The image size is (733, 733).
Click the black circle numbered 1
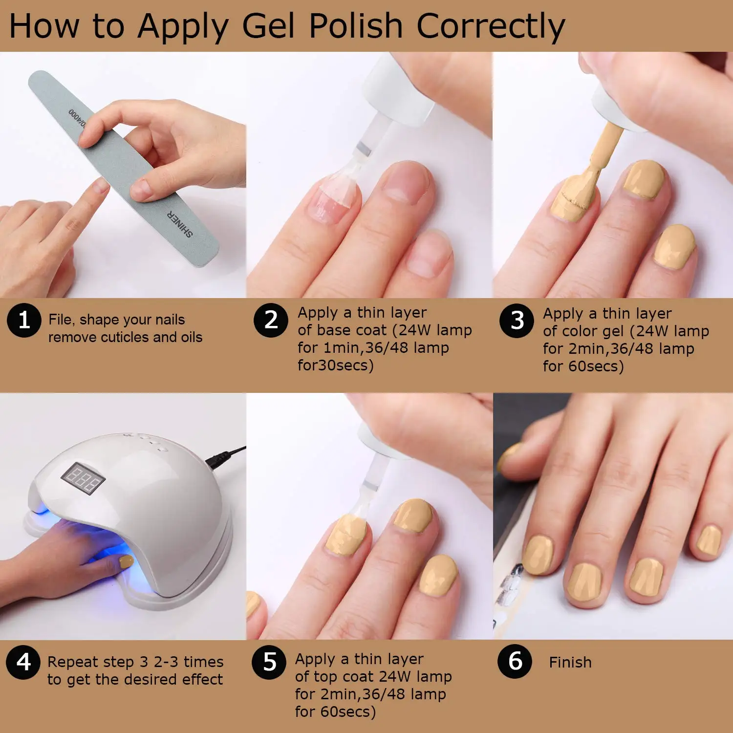[x=24, y=321]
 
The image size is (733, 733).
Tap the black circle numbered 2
[x=271, y=320]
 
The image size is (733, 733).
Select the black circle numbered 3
[x=517, y=321]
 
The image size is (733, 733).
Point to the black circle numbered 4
[x=23, y=662]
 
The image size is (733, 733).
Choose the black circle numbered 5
[x=269, y=662]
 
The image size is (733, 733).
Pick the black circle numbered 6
[x=515, y=661]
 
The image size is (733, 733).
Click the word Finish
[x=570, y=663]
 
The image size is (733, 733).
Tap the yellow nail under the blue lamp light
[x=126, y=562]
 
